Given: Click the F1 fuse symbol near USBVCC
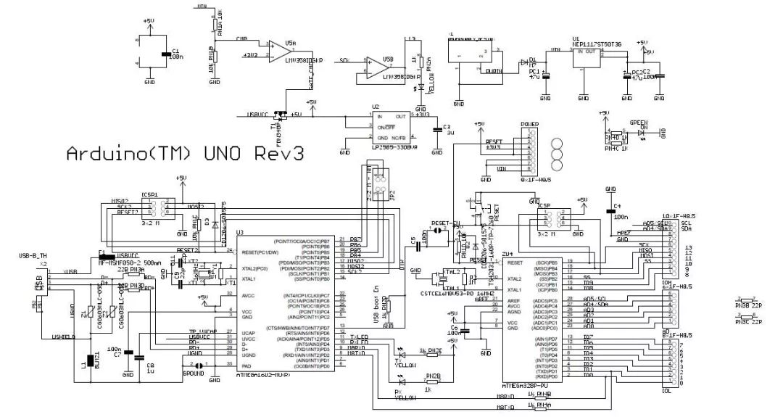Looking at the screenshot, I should click(103, 255).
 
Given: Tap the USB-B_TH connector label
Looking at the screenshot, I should click(33, 256).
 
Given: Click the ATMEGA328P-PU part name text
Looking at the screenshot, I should click(531, 383).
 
